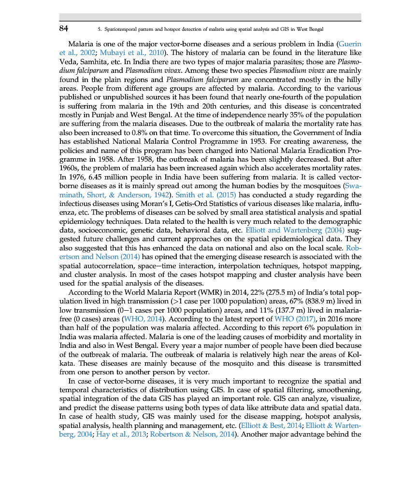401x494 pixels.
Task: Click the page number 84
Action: point(63,28)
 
